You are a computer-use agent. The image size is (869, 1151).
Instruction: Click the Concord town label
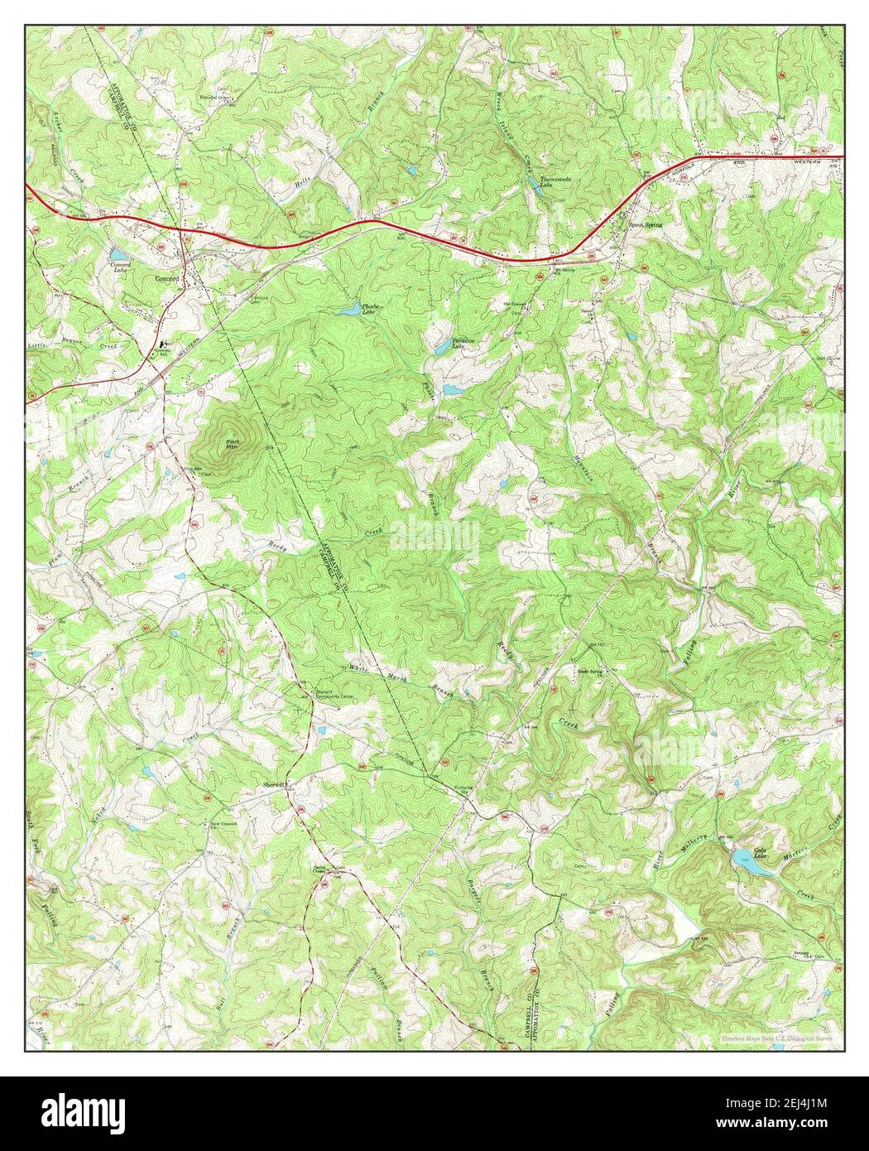coord(166,279)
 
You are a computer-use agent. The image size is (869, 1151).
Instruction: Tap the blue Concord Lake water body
coord(118,253)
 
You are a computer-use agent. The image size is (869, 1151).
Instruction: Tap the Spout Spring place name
coord(645,224)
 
